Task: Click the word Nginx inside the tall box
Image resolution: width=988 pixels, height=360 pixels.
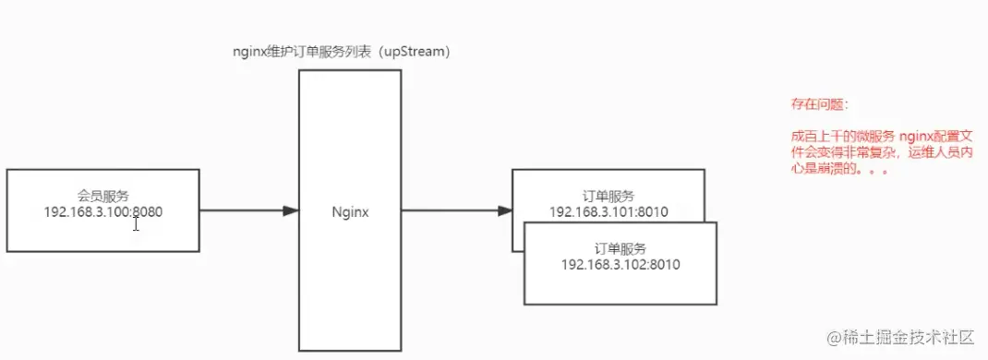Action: [350, 211]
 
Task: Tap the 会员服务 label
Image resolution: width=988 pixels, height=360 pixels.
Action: [103, 196]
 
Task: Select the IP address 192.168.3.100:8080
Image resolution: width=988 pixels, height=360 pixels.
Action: [103, 211]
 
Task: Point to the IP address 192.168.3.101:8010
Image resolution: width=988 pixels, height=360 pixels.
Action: [608, 211]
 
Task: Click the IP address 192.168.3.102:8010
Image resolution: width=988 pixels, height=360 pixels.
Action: [621, 265]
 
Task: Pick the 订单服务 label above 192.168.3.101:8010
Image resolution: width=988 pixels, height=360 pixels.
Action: [608, 196]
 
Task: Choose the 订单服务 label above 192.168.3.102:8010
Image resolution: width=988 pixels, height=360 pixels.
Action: [621, 249]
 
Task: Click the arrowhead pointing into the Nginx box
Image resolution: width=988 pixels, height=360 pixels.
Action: [291, 210]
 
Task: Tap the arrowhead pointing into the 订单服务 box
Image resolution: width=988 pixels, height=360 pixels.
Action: [505, 210]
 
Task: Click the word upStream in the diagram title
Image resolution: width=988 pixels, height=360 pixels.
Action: [414, 53]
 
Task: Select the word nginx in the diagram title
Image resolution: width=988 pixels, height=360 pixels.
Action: [249, 53]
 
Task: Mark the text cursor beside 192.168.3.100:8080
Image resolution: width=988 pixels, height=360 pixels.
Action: [136, 222]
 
